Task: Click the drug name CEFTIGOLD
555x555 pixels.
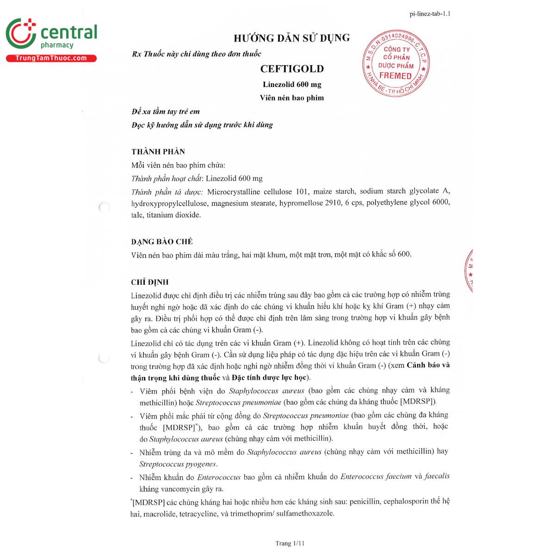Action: [x=292, y=69]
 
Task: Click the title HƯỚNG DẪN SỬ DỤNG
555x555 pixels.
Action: [x=291, y=38]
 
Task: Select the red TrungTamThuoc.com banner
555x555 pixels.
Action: [x=51, y=58]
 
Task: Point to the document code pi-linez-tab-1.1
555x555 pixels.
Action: [x=430, y=13]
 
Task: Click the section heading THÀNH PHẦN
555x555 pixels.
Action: [x=158, y=152]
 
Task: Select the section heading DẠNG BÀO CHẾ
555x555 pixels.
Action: [x=162, y=241]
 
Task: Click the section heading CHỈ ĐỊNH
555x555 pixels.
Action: [x=150, y=282]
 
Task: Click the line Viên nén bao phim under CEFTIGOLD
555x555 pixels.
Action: [x=292, y=98]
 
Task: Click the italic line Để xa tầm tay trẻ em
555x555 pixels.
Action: [x=166, y=111]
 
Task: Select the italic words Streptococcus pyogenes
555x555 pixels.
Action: [x=178, y=464]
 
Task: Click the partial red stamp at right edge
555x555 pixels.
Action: [x=468, y=271]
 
